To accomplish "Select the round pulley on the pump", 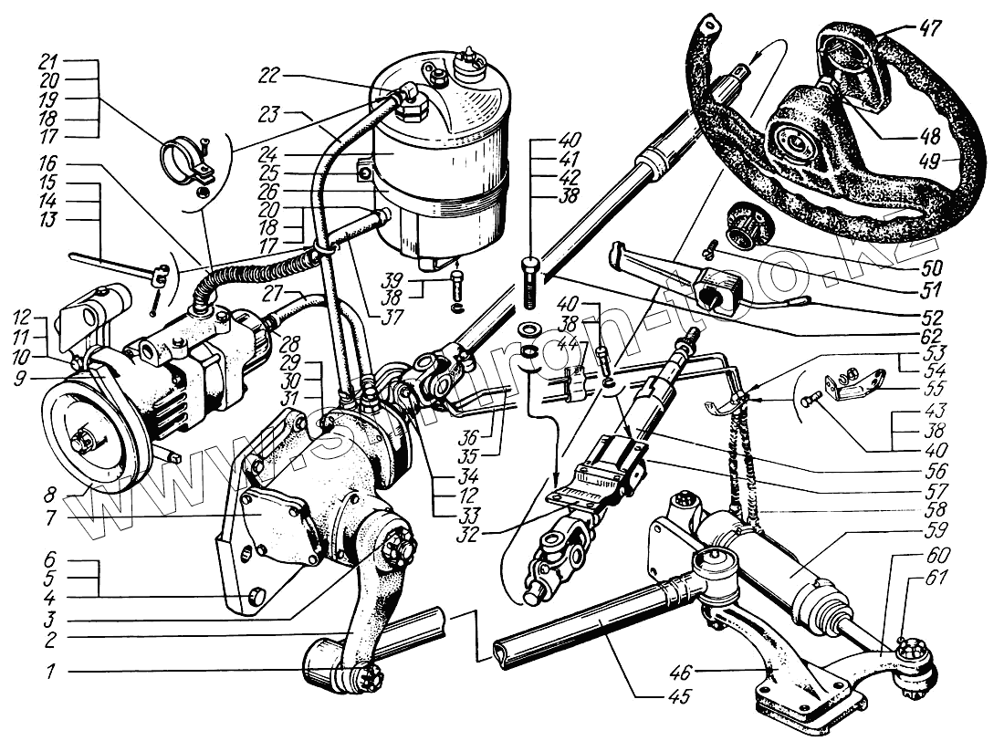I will pyautogui.click(x=88, y=437).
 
